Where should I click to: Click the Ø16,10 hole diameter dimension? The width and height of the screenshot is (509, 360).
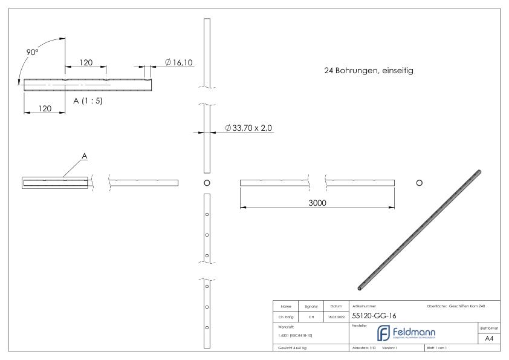tap(178, 62)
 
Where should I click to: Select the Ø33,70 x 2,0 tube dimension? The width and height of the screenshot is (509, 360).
tap(249, 128)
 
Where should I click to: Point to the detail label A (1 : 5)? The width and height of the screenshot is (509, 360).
tap(88, 101)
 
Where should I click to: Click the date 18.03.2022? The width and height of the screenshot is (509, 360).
tap(336, 315)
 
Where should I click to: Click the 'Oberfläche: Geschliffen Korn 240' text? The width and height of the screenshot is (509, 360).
tap(455, 306)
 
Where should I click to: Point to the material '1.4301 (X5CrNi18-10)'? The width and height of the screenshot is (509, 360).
tap(297, 335)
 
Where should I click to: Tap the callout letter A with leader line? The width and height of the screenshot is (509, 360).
tap(85, 156)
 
